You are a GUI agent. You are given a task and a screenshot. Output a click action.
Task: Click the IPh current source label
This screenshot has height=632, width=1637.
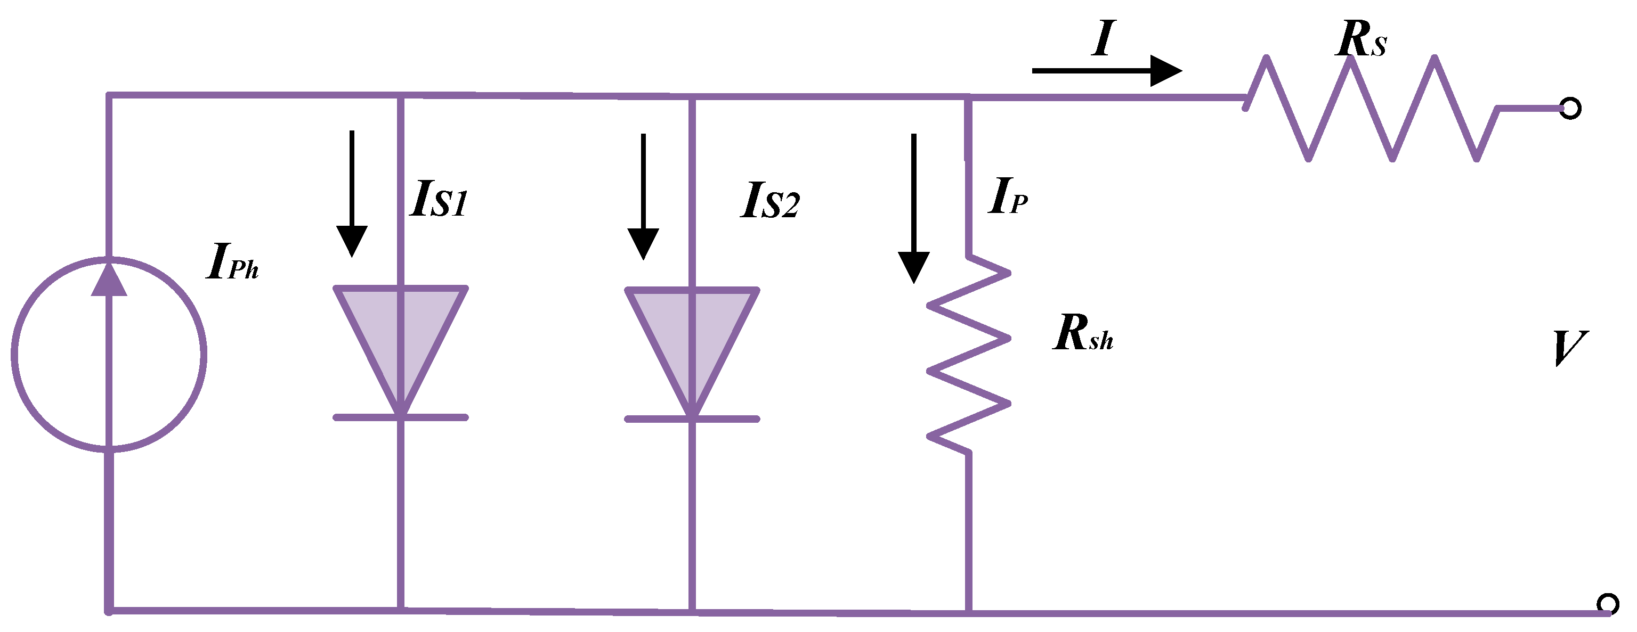[232, 262]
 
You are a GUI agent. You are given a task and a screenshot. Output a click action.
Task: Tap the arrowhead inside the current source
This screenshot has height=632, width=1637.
[109, 280]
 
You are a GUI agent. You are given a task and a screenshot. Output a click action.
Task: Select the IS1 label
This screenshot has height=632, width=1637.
[438, 200]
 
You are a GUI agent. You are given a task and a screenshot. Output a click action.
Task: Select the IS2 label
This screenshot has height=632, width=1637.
[769, 201]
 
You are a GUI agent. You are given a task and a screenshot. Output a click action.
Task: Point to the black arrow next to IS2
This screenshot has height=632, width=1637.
[643, 197]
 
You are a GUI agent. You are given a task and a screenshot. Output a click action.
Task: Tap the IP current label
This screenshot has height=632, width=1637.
[1008, 196]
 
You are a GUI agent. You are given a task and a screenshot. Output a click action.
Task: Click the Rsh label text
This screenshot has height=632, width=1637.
[1083, 333]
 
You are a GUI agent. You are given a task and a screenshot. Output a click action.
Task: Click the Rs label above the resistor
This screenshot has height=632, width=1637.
[1360, 40]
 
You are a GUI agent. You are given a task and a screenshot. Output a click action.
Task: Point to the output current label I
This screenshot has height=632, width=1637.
[1103, 39]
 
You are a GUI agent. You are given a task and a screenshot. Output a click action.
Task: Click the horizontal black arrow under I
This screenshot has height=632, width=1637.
[1106, 70]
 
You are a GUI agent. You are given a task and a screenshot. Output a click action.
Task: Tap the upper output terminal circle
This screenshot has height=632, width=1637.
[1570, 109]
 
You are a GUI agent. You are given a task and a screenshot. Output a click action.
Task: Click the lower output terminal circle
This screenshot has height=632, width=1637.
[1607, 603]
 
